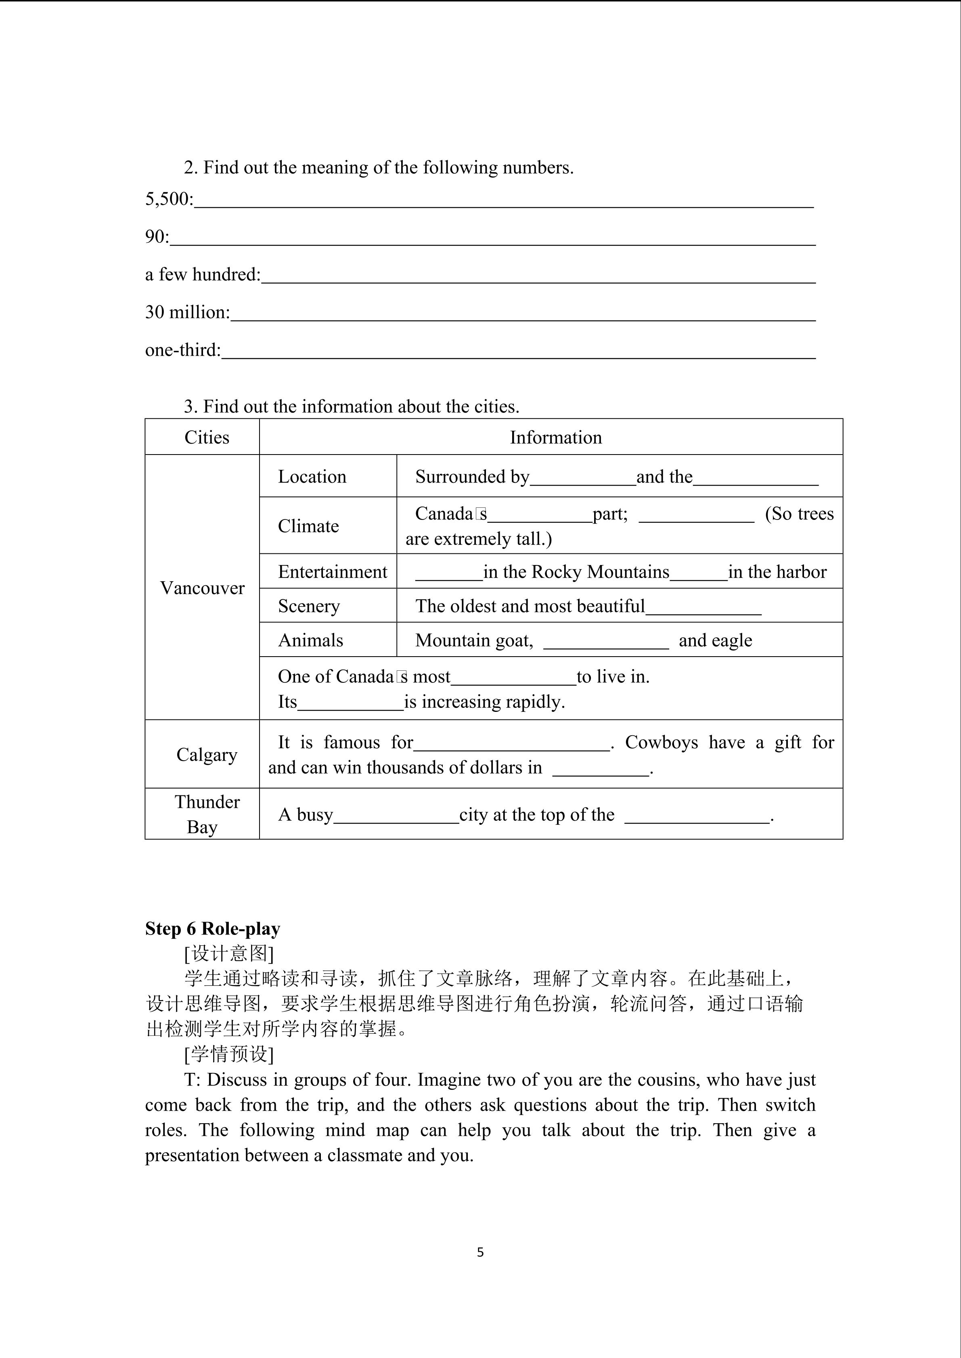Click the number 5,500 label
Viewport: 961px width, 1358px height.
pyautogui.click(x=168, y=199)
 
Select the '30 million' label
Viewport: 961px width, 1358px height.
pyautogui.click(x=187, y=312)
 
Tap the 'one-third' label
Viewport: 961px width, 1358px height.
pyautogui.click(x=182, y=350)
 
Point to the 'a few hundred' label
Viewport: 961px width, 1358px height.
pyautogui.click(x=202, y=274)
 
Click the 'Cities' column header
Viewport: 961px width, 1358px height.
pyautogui.click(x=207, y=438)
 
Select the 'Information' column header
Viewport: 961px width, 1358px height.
pyautogui.click(x=556, y=438)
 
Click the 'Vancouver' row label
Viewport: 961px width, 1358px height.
pyautogui.click(x=202, y=588)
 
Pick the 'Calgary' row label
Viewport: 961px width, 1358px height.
pyautogui.click(x=207, y=755)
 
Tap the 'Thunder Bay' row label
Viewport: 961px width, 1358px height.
pyautogui.click(x=207, y=814)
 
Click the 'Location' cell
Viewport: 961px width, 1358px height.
pyautogui.click(x=312, y=477)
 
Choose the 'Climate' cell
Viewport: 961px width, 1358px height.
pyautogui.click(x=308, y=526)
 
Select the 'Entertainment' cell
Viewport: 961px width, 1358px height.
pyautogui.click(x=333, y=572)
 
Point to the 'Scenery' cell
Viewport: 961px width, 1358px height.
pyautogui.click(x=309, y=606)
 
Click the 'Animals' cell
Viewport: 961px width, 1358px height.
pyautogui.click(x=311, y=640)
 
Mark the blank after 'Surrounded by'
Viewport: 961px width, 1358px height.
pyautogui.click(x=582, y=479)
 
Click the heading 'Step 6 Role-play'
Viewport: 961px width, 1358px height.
pyautogui.click(x=212, y=928)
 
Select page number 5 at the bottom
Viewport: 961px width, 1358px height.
pyautogui.click(x=480, y=1252)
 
